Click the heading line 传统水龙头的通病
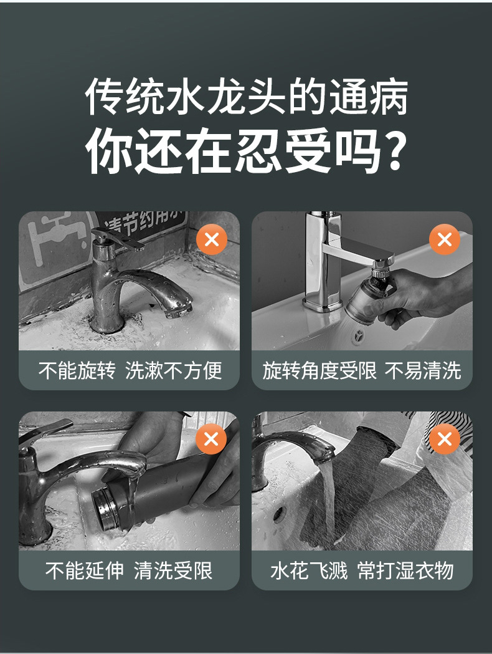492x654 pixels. click(x=246, y=97)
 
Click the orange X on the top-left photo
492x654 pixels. click(x=212, y=239)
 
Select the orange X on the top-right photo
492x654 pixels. click(x=445, y=239)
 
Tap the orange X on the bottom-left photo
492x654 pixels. click(x=212, y=439)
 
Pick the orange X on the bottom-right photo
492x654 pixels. click(x=445, y=439)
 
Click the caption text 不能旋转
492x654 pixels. click(x=77, y=370)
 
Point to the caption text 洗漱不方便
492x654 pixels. click(x=174, y=370)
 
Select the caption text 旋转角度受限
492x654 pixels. click(x=319, y=370)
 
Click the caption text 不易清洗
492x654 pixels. click(x=423, y=370)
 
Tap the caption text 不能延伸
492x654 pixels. click(x=85, y=570)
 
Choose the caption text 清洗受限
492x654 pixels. click(x=173, y=570)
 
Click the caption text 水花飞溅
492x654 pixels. click(x=309, y=570)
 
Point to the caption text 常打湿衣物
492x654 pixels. click(x=405, y=570)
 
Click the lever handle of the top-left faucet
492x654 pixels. click(x=119, y=239)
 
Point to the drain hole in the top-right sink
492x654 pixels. click(x=358, y=335)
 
